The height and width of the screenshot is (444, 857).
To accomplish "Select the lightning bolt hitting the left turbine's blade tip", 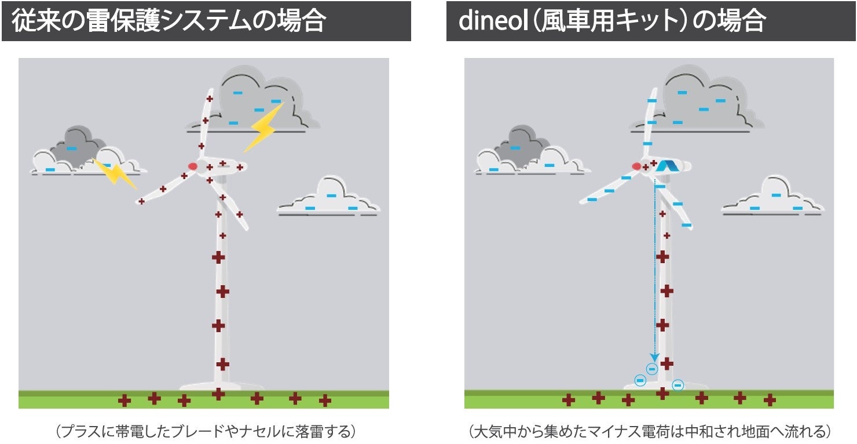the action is click(116, 173).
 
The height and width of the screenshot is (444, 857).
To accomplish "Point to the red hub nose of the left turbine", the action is click(193, 166).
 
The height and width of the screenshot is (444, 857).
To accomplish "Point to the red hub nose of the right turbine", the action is click(637, 166).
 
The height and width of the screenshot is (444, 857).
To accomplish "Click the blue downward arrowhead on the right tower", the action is click(654, 357).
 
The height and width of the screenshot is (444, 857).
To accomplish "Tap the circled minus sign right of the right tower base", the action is click(677, 385).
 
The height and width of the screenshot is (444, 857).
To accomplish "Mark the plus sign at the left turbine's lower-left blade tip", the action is click(141, 201).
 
